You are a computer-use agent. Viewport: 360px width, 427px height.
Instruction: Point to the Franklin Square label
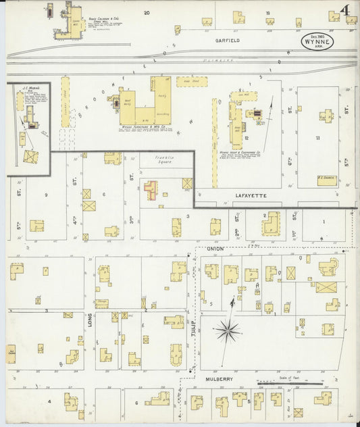(161, 160)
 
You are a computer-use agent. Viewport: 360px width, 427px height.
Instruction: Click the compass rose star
(228, 330)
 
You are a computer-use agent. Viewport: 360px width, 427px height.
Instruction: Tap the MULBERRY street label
(220, 379)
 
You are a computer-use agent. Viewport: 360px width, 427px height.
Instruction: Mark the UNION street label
(215, 249)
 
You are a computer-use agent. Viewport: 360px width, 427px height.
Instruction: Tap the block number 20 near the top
(146, 12)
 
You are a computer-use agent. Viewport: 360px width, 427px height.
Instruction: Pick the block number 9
(45, 195)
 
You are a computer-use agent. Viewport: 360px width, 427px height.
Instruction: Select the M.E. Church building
(328, 180)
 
